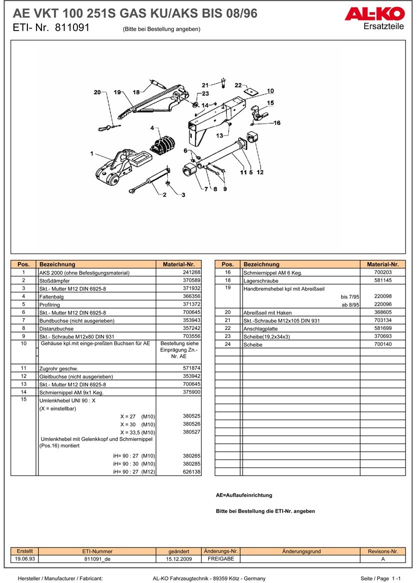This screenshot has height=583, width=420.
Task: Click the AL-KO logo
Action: click(x=375, y=15)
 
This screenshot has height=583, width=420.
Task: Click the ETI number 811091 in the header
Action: click(x=72, y=28)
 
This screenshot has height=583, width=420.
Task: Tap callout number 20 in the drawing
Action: click(x=97, y=92)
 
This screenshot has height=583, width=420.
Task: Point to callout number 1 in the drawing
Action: click(x=92, y=153)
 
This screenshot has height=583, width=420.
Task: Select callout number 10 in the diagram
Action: click(x=270, y=91)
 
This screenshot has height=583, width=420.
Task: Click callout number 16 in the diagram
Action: click(x=277, y=122)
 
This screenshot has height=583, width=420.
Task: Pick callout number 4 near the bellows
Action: click(x=152, y=128)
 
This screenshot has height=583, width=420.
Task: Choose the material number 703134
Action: click(x=383, y=320)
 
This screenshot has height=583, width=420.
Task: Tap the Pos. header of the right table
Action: click(x=227, y=264)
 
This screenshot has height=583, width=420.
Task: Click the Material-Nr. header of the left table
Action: click(x=179, y=264)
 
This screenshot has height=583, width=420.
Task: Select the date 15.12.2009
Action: click(x=179, y=559)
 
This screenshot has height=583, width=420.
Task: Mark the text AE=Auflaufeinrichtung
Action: click(x=244, y=495)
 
